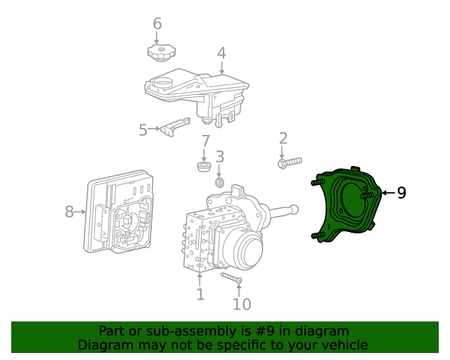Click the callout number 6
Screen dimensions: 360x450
pyautogui.click(x=157, y=24)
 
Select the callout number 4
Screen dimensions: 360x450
pyautogui.click(x=221, y=53)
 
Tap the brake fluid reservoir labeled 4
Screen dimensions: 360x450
pyautogui.click(x=197, y=91)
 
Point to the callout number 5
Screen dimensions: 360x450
pyautogui.click(x=143, y=129)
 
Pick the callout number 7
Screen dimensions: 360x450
pyautogui.click(x=205, y=142)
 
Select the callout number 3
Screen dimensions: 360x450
pyautogui.click(x=219, y=157)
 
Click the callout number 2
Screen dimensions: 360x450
pyautogui.click(x=283, y=139)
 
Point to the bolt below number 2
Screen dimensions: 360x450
pyautogui.click(x=289, y=162)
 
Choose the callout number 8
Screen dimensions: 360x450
pyautogui.click(x=69, y=211)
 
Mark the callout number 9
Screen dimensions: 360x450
pyautogui.click(x=401, y=193)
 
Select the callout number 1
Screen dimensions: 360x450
pyautogui.click(x=200, y=294)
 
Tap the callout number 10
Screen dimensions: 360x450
pyautogui.click(x=241, y=304)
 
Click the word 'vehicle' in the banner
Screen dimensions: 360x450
pyautogui.click(x=340, y=345)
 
